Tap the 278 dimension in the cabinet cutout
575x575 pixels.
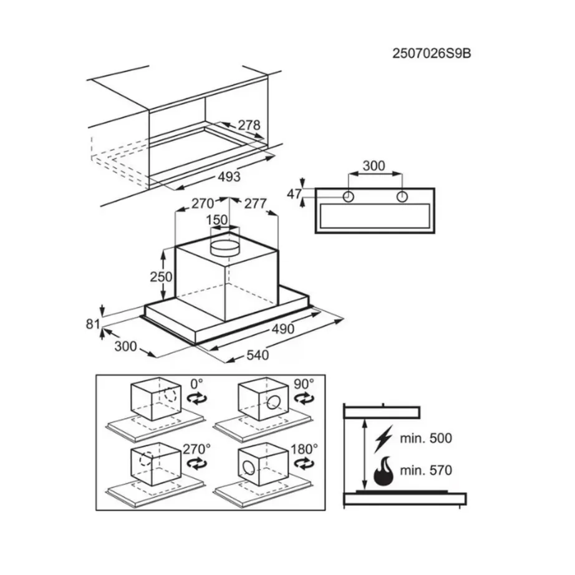click(x=248, y=125)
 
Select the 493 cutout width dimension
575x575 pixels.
click(x=229, y=176)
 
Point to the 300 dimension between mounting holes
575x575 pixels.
click(x=374, y=166)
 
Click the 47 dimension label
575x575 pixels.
click(x=294, y=194)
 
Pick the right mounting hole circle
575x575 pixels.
click(x=402, y=196)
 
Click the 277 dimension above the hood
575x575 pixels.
click(x=255, y=203)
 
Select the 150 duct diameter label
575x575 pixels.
click(x=216, y=220)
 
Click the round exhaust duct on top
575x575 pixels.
click(x=225, y=246)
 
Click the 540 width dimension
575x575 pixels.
click(x=256, y=355)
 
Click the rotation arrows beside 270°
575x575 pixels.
click(x=196, y=463)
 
